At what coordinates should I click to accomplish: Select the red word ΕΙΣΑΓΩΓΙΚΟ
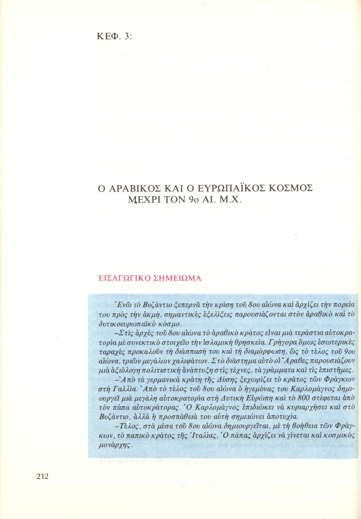pos(123,279)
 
